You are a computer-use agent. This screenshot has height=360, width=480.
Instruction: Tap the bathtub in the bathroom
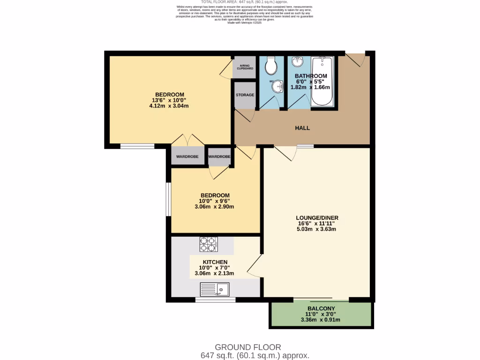tap(322, 82)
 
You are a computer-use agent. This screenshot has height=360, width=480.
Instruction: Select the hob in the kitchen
tap(209, 244)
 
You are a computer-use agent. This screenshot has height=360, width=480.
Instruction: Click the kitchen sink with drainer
tap(215, 289)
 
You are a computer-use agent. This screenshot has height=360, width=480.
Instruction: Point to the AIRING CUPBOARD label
tap(244, 67)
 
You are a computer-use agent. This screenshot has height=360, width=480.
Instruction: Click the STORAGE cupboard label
tap(245, 95)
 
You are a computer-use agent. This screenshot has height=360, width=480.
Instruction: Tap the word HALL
tap(302, 128)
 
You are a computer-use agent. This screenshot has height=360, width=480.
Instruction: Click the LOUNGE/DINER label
tap(317, 217)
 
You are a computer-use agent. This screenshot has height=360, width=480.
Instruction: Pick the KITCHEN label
tap(215, 262)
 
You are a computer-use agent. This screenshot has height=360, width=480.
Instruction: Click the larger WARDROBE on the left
tap(187, 157)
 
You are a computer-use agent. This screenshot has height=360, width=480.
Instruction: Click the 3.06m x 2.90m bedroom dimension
tap(215, 206)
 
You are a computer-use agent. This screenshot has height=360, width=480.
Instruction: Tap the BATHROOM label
tap(311, 76)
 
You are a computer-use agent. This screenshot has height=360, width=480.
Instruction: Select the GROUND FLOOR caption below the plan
tap(247, 347)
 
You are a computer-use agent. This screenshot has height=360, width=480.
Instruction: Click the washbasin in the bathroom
tap(297, 62)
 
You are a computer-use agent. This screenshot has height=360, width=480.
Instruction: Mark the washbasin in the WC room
tap(278, 86)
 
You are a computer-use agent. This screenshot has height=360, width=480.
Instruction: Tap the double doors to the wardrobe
tap(187, 140)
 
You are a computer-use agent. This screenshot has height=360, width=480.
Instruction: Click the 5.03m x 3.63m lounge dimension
tap(317, 229)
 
